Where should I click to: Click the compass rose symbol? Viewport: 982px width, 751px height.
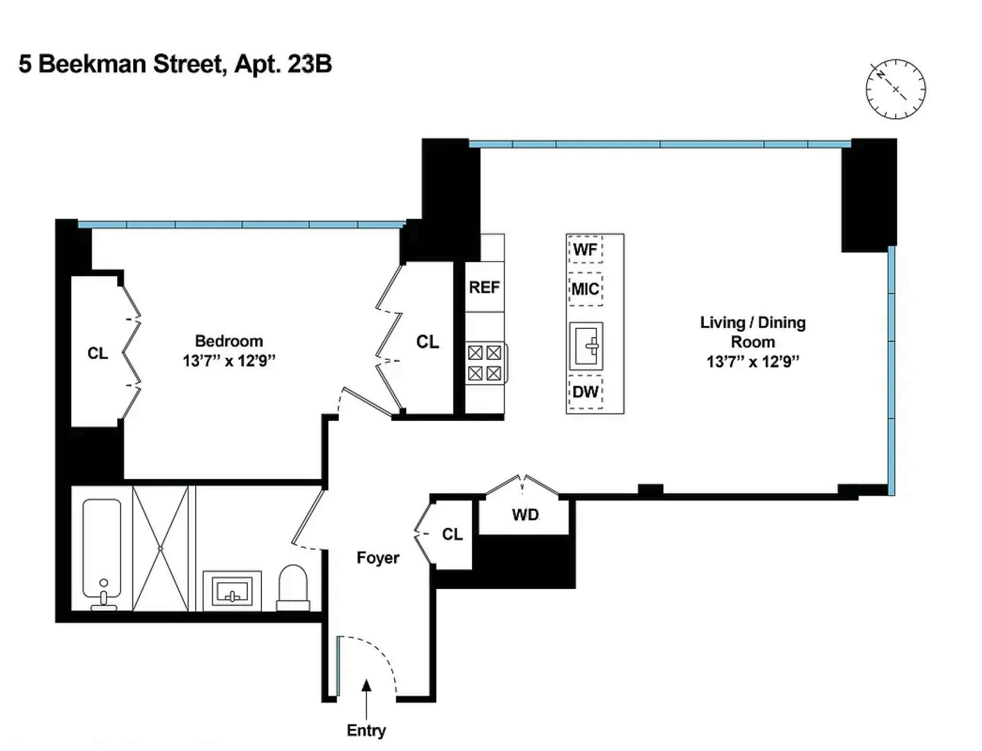tap(895, 89)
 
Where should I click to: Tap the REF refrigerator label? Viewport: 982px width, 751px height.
tap(484, 287)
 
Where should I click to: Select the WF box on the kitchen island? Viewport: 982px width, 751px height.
tap(585, 249)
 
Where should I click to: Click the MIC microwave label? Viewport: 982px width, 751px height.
tap(585, 289)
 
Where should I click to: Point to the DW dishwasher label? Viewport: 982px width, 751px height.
tap(585, 391)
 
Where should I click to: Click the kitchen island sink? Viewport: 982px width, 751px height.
tap(586, 346)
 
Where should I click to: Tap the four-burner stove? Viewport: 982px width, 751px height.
tap(485, 363)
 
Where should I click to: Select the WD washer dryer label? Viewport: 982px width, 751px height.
tap(525, 515)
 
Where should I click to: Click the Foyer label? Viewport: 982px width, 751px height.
tap(377, 558)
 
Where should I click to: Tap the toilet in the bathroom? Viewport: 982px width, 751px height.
tap(293, 588)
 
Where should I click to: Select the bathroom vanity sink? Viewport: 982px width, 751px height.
tap(232, 591)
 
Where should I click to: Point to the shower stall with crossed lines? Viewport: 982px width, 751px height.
tap(160, 548)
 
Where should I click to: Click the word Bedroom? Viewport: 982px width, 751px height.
tap(229, 341)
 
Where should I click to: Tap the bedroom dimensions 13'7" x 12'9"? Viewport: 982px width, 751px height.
tap(229, 360)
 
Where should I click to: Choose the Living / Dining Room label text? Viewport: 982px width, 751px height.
tap(753, 332)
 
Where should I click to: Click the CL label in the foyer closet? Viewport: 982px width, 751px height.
tap(452, 534)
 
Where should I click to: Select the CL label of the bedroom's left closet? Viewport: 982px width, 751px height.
tap(98, 353)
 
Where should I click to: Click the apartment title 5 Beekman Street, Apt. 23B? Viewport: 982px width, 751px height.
tap(176, 64)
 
